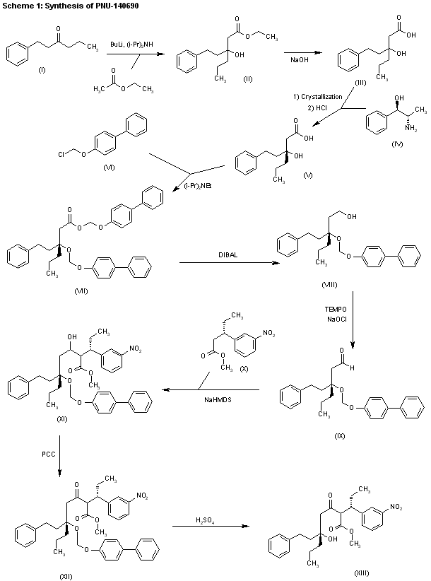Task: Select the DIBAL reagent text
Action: click(228, 256)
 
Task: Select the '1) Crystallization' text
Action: click(324, 96)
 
